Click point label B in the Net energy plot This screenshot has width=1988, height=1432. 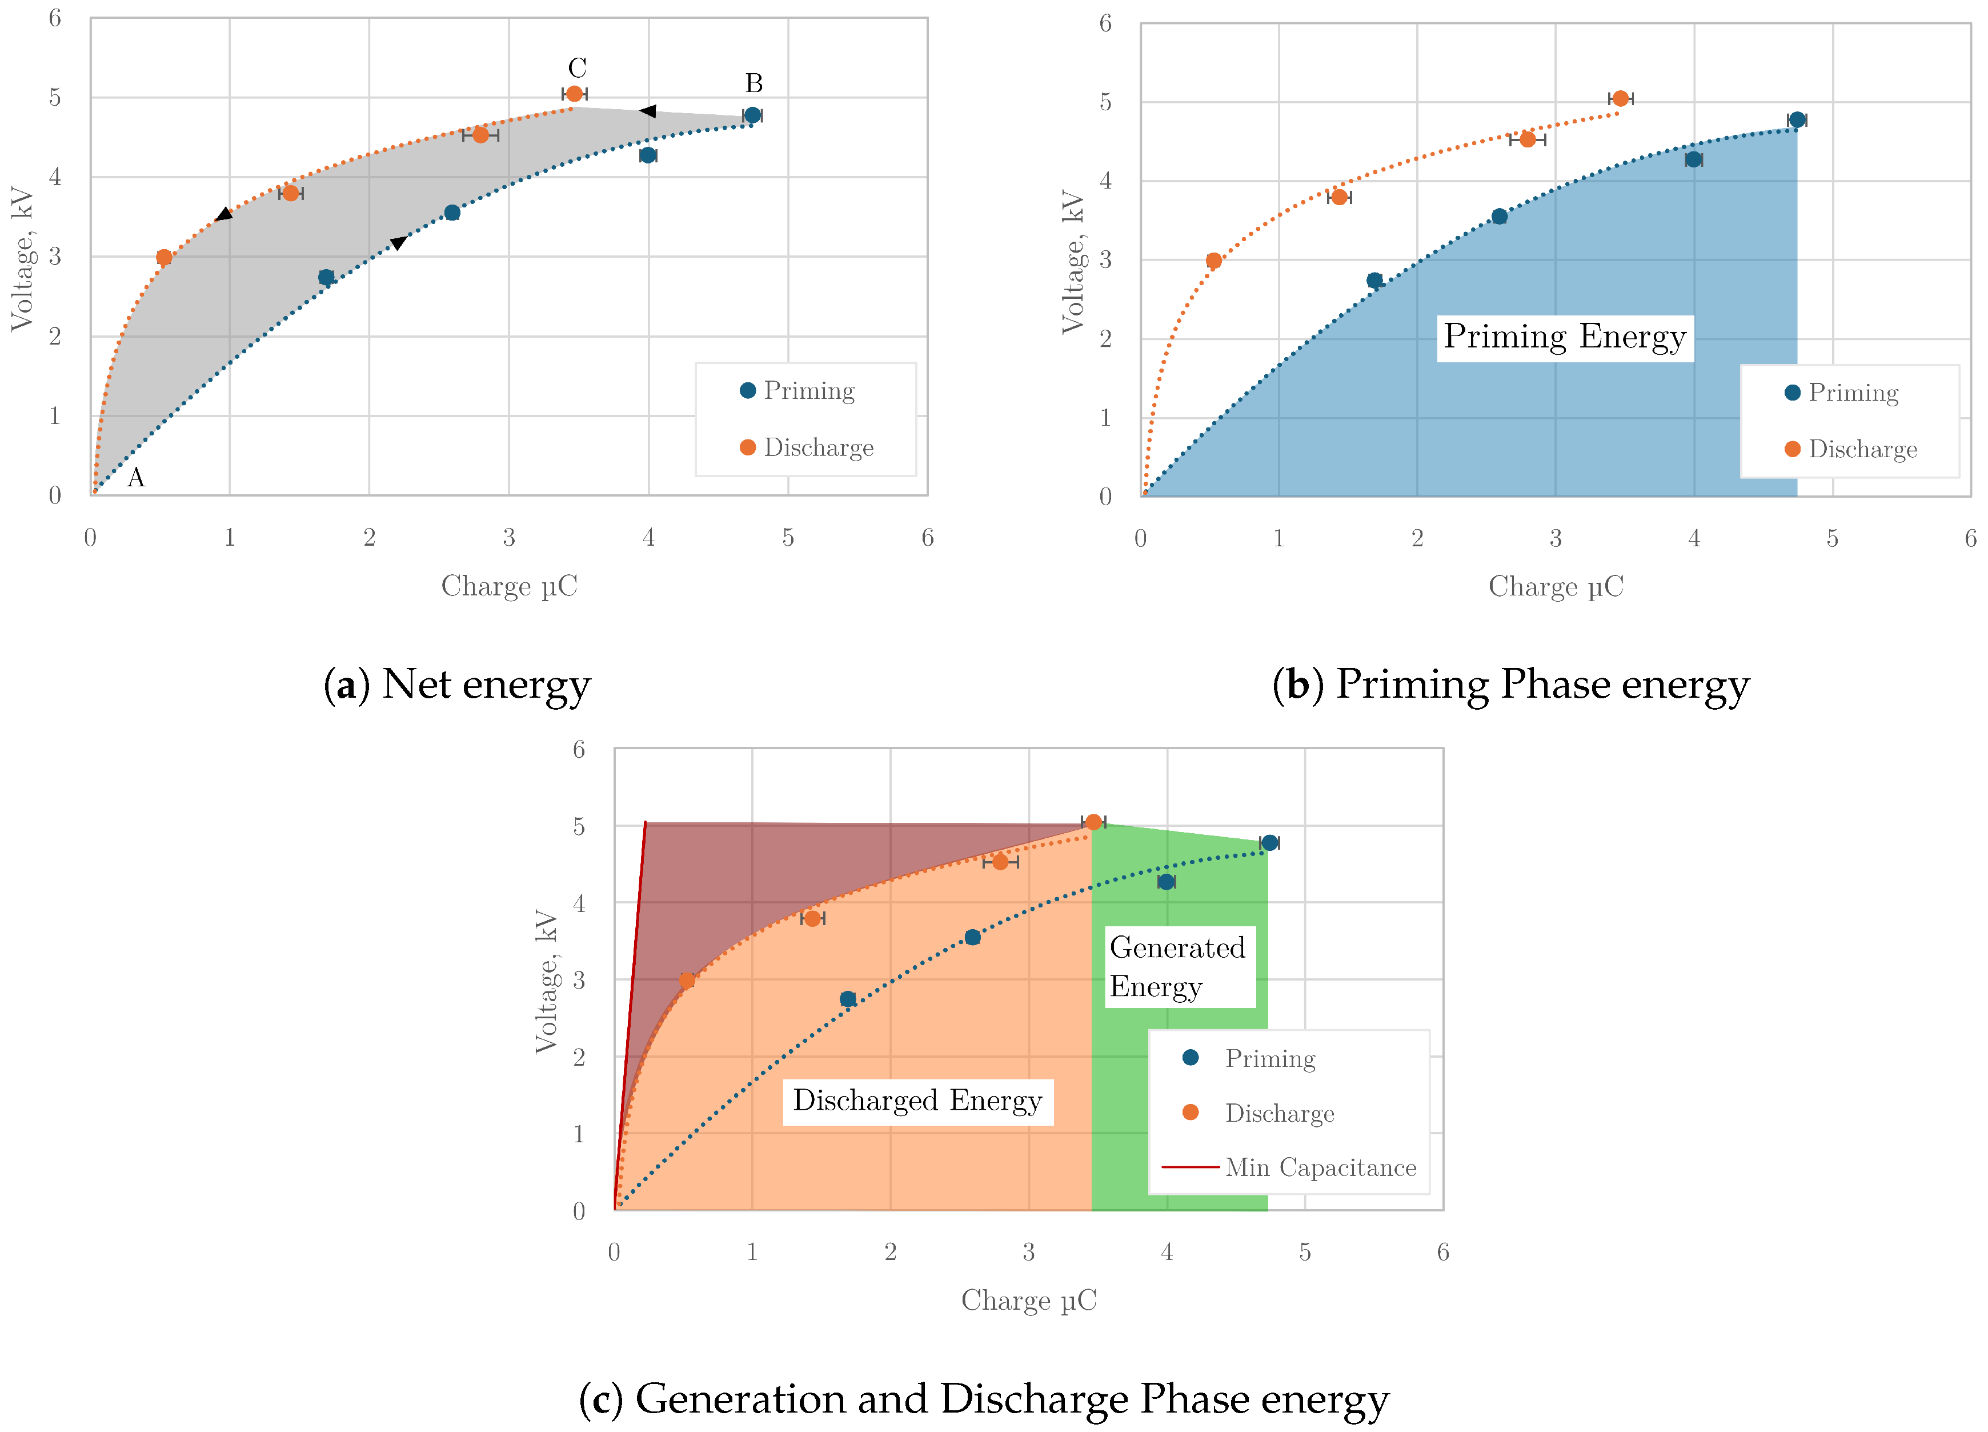(x=754, y=83)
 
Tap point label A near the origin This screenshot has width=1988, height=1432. (x=136, y=478)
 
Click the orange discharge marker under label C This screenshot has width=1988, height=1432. (x=574, y=94)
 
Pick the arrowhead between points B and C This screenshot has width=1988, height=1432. (x=648, y=111)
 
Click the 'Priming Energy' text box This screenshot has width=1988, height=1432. (x=1565, y=338)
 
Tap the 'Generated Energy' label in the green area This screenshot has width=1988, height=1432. (x=1179, y=966)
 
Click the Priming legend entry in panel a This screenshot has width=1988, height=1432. (x=808, y=391)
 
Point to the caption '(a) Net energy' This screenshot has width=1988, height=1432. (x=456, y=685)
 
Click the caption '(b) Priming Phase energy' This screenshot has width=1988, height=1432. (x=1510, y=685)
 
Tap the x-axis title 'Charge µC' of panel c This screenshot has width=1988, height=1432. (x=1028, y=1301)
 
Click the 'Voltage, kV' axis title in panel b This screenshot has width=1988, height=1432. (x=1073, y=261)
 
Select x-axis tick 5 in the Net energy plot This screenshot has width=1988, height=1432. (x=788, y=538)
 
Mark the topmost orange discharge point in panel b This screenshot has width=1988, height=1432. (x=1620, y=98)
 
